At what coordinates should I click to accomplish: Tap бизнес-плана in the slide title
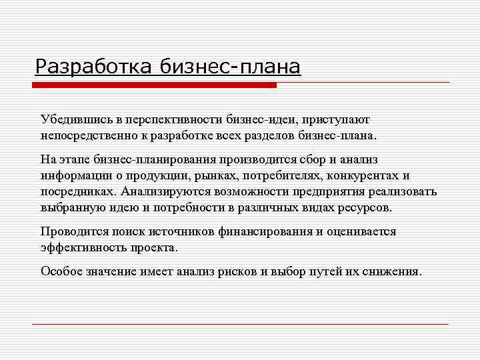231,67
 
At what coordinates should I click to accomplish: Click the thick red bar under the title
155,85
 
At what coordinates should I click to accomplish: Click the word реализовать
403,191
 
